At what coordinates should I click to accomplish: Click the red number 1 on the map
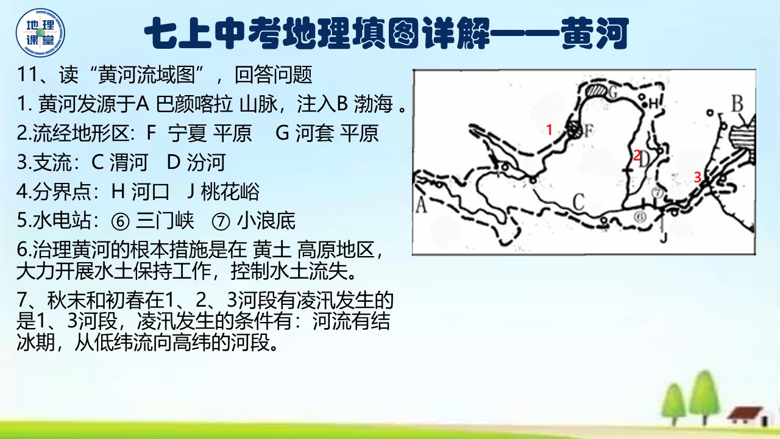(x=550, y=130)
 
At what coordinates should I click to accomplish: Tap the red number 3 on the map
(x=697, y=177)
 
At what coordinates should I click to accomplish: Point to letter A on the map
(x=421, y=204)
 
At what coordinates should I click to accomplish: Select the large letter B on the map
(x=737, y=104)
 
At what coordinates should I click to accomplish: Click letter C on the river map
(x=578, y=202)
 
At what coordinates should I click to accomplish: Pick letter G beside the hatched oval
(x=612, y=92)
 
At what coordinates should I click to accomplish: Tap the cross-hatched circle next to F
(x=573, y=130)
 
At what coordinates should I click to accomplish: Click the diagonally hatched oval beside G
(x=597, y=91)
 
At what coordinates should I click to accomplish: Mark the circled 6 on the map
(x=640, y=216)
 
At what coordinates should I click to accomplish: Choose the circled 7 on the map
(x=658, y=192)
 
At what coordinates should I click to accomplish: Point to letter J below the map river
(x=664, y=237)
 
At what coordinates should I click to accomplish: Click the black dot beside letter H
(x=645, y=104)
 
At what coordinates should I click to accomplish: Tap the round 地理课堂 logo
(x=40, y=33)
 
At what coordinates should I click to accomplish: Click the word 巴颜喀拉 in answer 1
(x=194, y=104)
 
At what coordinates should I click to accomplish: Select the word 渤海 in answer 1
(x=374, y=104)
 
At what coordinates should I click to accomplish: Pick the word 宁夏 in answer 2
(x=187, y=133)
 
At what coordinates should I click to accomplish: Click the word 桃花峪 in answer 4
(x=230, y=191)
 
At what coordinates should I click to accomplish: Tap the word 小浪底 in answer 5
(x=266, y=221)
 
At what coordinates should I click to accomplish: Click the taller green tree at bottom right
(x=704, y=397)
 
